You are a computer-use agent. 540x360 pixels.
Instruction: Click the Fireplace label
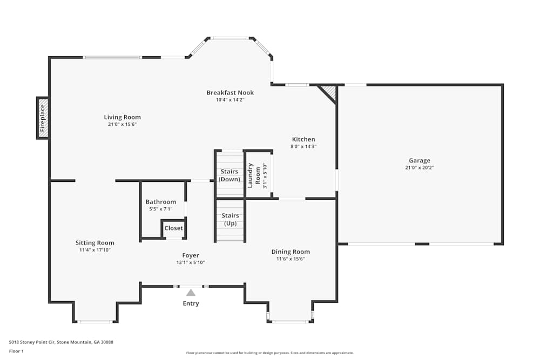pos(42,118)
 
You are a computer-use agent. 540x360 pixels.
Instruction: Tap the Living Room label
pos(122,117)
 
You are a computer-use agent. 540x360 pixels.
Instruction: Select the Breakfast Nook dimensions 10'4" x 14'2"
pos(230,100)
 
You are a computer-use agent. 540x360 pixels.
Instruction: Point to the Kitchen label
pos(303,139)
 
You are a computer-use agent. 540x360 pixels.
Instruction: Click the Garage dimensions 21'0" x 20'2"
pos(420,168)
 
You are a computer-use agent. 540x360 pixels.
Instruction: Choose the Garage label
pos(420,160)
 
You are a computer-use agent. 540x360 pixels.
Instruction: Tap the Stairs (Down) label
pos(230,175)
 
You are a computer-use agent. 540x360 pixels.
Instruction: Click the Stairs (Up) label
pos(230,219)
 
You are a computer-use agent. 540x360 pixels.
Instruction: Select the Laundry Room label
pos(254,175)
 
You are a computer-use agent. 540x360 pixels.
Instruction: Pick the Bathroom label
pos(161,202)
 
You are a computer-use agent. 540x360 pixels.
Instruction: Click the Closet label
pos(173,228)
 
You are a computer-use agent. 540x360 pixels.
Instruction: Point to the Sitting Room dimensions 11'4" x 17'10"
pos(95,250)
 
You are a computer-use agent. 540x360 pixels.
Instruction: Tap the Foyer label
pos(191,255)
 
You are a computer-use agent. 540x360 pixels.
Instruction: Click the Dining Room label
pos(291,252)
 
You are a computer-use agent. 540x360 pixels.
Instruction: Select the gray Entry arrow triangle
pos(191,293)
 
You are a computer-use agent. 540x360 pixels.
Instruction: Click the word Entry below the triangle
pos(191,303)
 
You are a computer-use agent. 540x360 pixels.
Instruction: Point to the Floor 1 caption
pos(16,351)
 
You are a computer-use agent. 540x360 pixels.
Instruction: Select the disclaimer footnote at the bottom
pos(269,353)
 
